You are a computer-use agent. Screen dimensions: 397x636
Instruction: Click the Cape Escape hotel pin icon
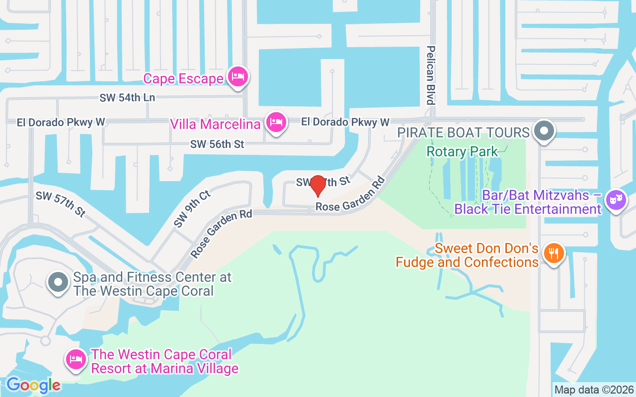click(238, 77)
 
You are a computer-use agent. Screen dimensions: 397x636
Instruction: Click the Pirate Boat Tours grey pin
click(544, 132)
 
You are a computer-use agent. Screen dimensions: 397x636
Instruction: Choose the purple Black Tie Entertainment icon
click(616, 200)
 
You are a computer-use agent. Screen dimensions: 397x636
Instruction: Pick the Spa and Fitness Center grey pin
click(58, 282)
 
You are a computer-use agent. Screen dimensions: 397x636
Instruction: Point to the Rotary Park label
click(462, 151)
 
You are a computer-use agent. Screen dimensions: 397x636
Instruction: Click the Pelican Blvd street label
click(431, 75)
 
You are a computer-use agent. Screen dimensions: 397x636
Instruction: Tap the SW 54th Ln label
click(127, 98)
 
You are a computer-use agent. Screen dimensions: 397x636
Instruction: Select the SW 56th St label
click(217, 144)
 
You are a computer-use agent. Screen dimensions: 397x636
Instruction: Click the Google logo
click(33, 385)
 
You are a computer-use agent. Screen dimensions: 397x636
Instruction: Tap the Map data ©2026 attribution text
click(594, 390)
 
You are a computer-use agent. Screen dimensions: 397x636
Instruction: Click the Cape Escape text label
click(183, 78)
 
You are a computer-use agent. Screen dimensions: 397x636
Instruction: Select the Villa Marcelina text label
click(215, 124)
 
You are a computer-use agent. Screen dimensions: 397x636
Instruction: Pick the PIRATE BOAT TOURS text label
click(463, 132)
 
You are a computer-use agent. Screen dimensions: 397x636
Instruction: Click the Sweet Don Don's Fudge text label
click(467, 255)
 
